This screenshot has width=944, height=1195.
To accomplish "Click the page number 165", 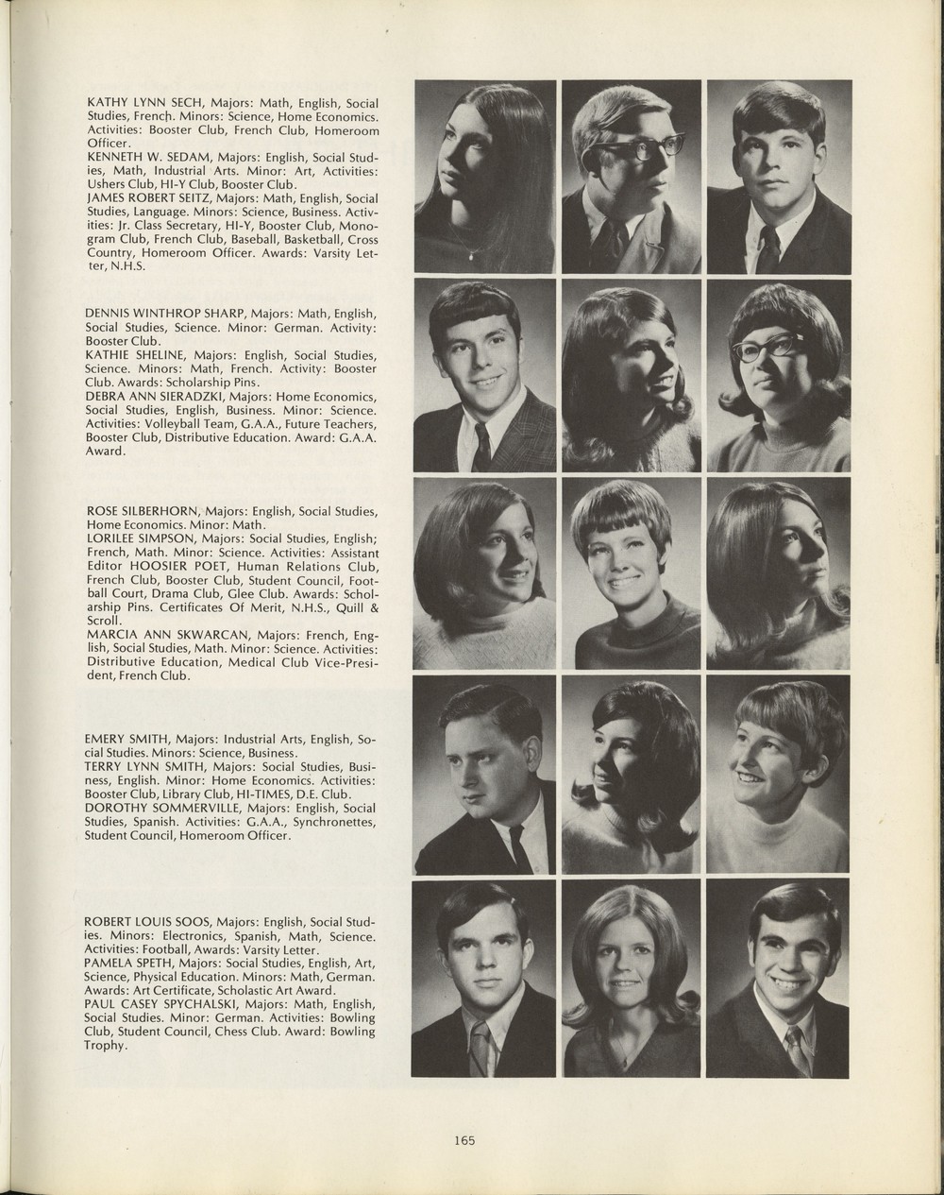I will point(464,1140).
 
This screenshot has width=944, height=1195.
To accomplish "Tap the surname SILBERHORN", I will point(165,511).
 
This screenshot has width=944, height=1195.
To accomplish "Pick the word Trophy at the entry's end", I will point(104,1045).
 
